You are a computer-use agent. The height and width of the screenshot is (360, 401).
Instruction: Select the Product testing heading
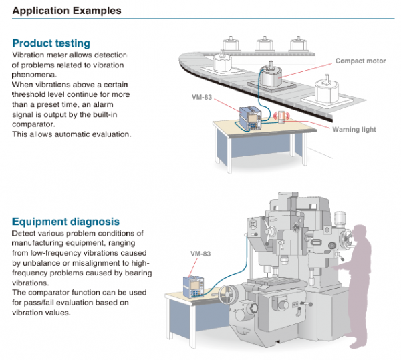(x=51, y=43)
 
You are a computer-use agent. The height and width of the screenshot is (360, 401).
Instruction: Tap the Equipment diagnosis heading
(x=66, y=221)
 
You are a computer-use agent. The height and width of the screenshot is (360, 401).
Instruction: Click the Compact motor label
(x=360, y=61)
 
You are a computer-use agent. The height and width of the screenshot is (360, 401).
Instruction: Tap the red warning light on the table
(x=281, y=118)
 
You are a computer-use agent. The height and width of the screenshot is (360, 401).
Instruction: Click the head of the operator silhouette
(x=362, y=234)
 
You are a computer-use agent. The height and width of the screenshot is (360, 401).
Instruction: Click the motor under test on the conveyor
(x=272, y=76)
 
